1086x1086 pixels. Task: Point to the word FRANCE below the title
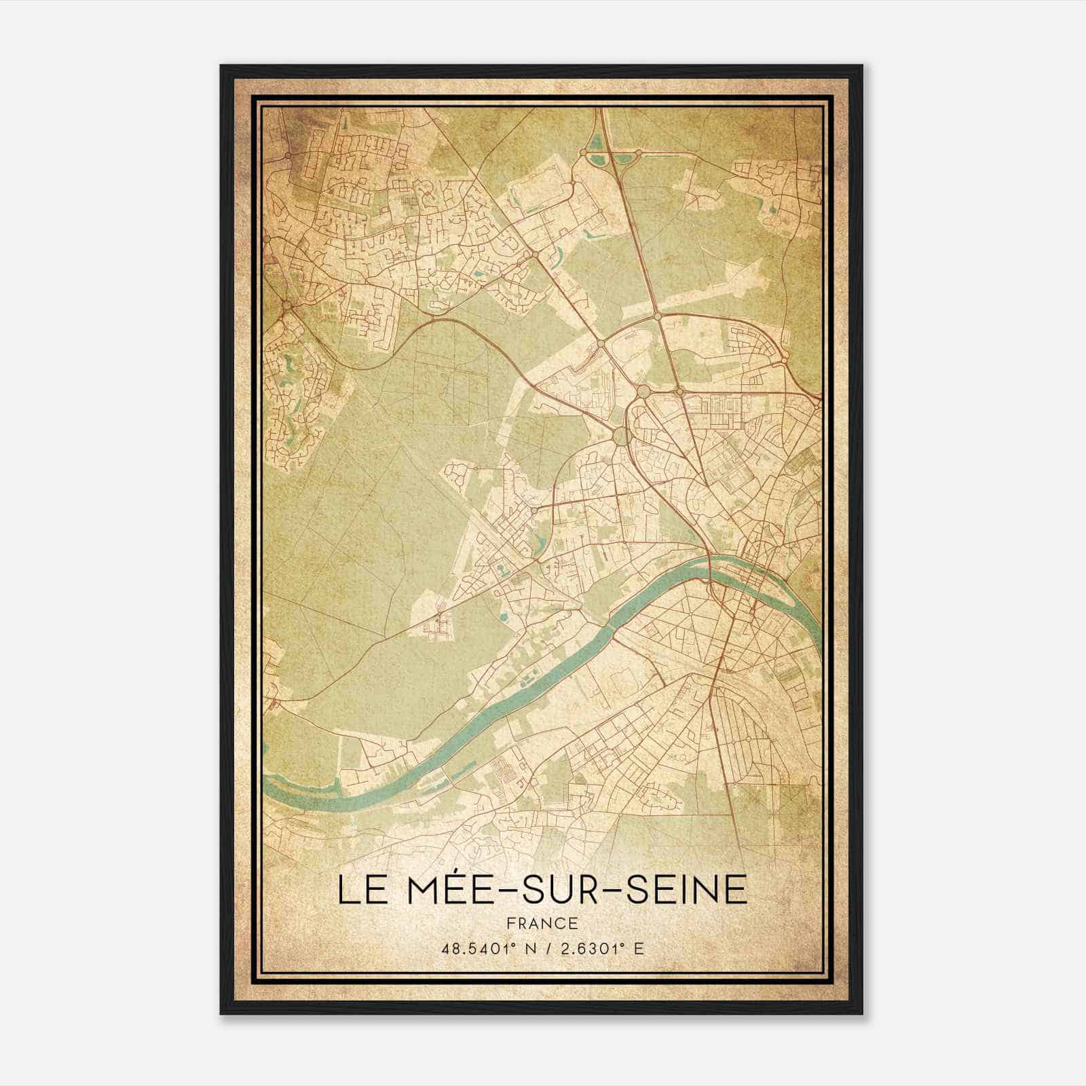click(x=542, y=923)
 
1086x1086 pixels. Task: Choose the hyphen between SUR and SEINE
click(x=628, y=891)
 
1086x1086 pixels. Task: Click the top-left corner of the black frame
click(x=221, y=67)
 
